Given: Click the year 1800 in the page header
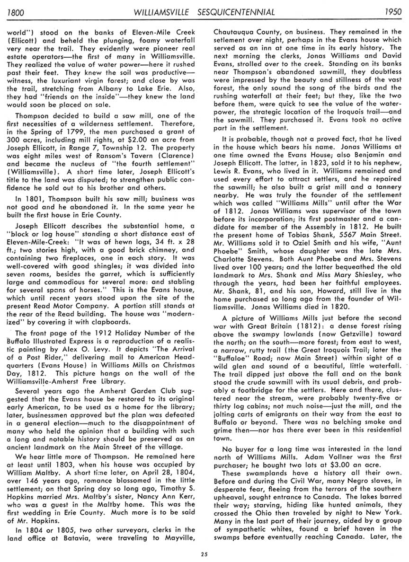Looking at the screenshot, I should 18,11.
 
